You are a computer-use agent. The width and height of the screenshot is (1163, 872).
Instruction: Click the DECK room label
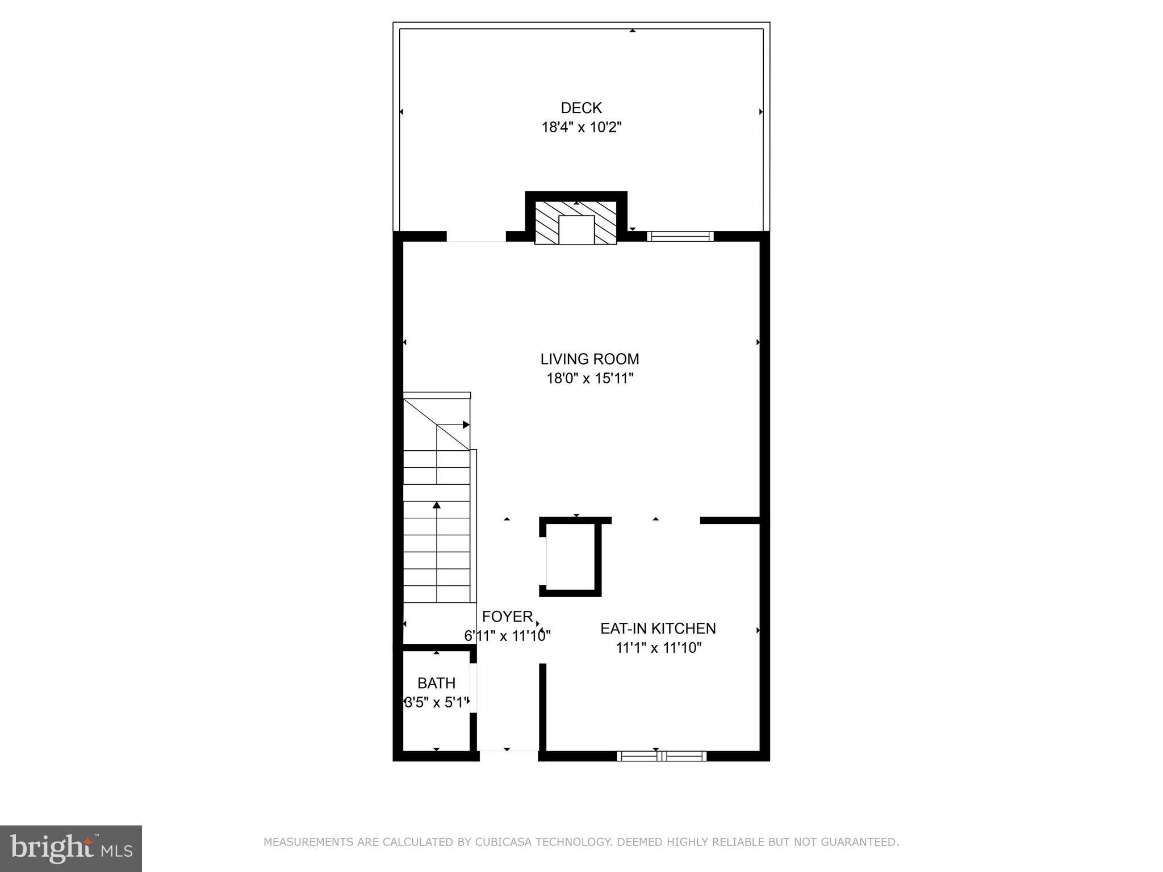pyautogui.click(x=581, y=108)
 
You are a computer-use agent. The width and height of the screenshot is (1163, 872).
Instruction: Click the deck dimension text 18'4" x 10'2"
pyautogui.click(x=581, y=127)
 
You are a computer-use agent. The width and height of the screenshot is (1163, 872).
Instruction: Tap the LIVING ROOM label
pyautogui.click(x=589, y=359)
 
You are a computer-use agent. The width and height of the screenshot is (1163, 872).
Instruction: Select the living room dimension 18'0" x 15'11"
pyautogui.click(x=589, y=378)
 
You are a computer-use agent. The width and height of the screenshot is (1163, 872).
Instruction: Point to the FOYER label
pyautogui.click(x=508, y=617)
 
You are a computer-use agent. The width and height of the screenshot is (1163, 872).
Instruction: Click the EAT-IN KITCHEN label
pyautogui.click(x=658, y=628)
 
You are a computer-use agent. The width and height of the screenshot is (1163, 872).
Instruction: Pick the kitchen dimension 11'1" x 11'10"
pyautogui.click(x=658, y=648)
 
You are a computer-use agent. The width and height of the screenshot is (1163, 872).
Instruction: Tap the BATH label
pyautogui.click(x=436, y=683)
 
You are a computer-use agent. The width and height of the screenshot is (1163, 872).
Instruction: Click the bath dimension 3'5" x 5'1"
pyautogui.click(x=436, y=702)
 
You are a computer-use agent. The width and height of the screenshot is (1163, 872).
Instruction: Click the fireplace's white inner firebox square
pyautogui.click(x=576, y=230)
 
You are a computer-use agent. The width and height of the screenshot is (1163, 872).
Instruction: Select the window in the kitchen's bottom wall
pyautogui.click(x=662, y=756)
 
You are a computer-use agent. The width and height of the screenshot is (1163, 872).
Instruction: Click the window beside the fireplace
pyautogui.click(x=680, y=236)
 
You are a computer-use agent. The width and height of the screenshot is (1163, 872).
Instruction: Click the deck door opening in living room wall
pyautogui.click(x=476, y=237)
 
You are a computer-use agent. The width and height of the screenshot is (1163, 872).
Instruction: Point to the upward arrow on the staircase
pyautogui.click(x=437, y=505)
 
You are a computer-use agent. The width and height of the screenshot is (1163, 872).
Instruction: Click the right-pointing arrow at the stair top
pyautogui.click(x=466, y=425)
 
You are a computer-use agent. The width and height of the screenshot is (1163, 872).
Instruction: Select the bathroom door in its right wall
pyautogui.click(x=472, y=687)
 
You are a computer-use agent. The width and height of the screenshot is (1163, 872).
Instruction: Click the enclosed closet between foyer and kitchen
pyautogui.click(x=570, y=556)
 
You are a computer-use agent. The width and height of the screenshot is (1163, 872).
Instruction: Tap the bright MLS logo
pyautogui.click(x=71, y=848)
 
